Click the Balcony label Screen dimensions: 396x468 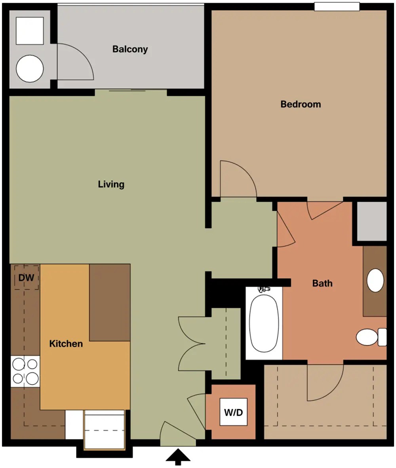click(130, 49)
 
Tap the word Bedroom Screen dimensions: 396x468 click(301, 104)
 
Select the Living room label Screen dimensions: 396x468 click(111, 184)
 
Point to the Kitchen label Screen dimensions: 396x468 click(66, 344)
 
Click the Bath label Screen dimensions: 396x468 click(322, 283)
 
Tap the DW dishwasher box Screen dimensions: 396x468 click(26, 277)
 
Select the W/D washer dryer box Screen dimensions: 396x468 click(234, 412)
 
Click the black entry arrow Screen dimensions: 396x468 click(178, 457)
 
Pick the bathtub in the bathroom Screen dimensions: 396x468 click(264, 323)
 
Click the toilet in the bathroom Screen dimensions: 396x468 click(371, 337)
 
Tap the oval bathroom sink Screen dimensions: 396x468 click(375, 280)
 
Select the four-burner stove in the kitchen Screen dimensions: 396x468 click(25, 372)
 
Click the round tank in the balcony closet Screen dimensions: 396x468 click(30, 69)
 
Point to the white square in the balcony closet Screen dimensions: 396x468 click(30, 31)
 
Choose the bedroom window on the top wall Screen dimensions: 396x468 click(337, 7)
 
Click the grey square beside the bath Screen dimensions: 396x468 click(372, 221)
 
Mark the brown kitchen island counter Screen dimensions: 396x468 click(110, 302)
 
